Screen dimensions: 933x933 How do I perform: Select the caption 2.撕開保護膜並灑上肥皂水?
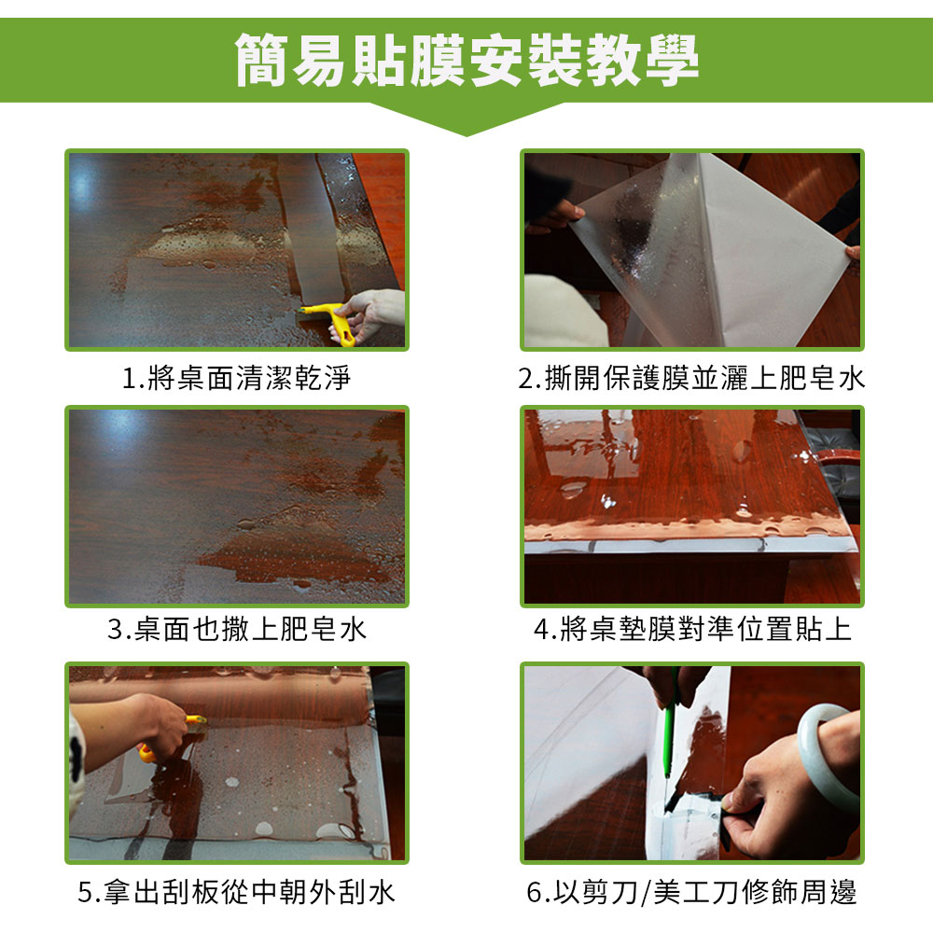[691, 379]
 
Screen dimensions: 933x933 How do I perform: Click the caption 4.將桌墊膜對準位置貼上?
[692, 630]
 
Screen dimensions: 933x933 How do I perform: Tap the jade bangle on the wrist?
[825, 751]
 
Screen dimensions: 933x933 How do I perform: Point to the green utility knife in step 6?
[670, 737]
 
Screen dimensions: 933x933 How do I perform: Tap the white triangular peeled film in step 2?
[774, 252]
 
